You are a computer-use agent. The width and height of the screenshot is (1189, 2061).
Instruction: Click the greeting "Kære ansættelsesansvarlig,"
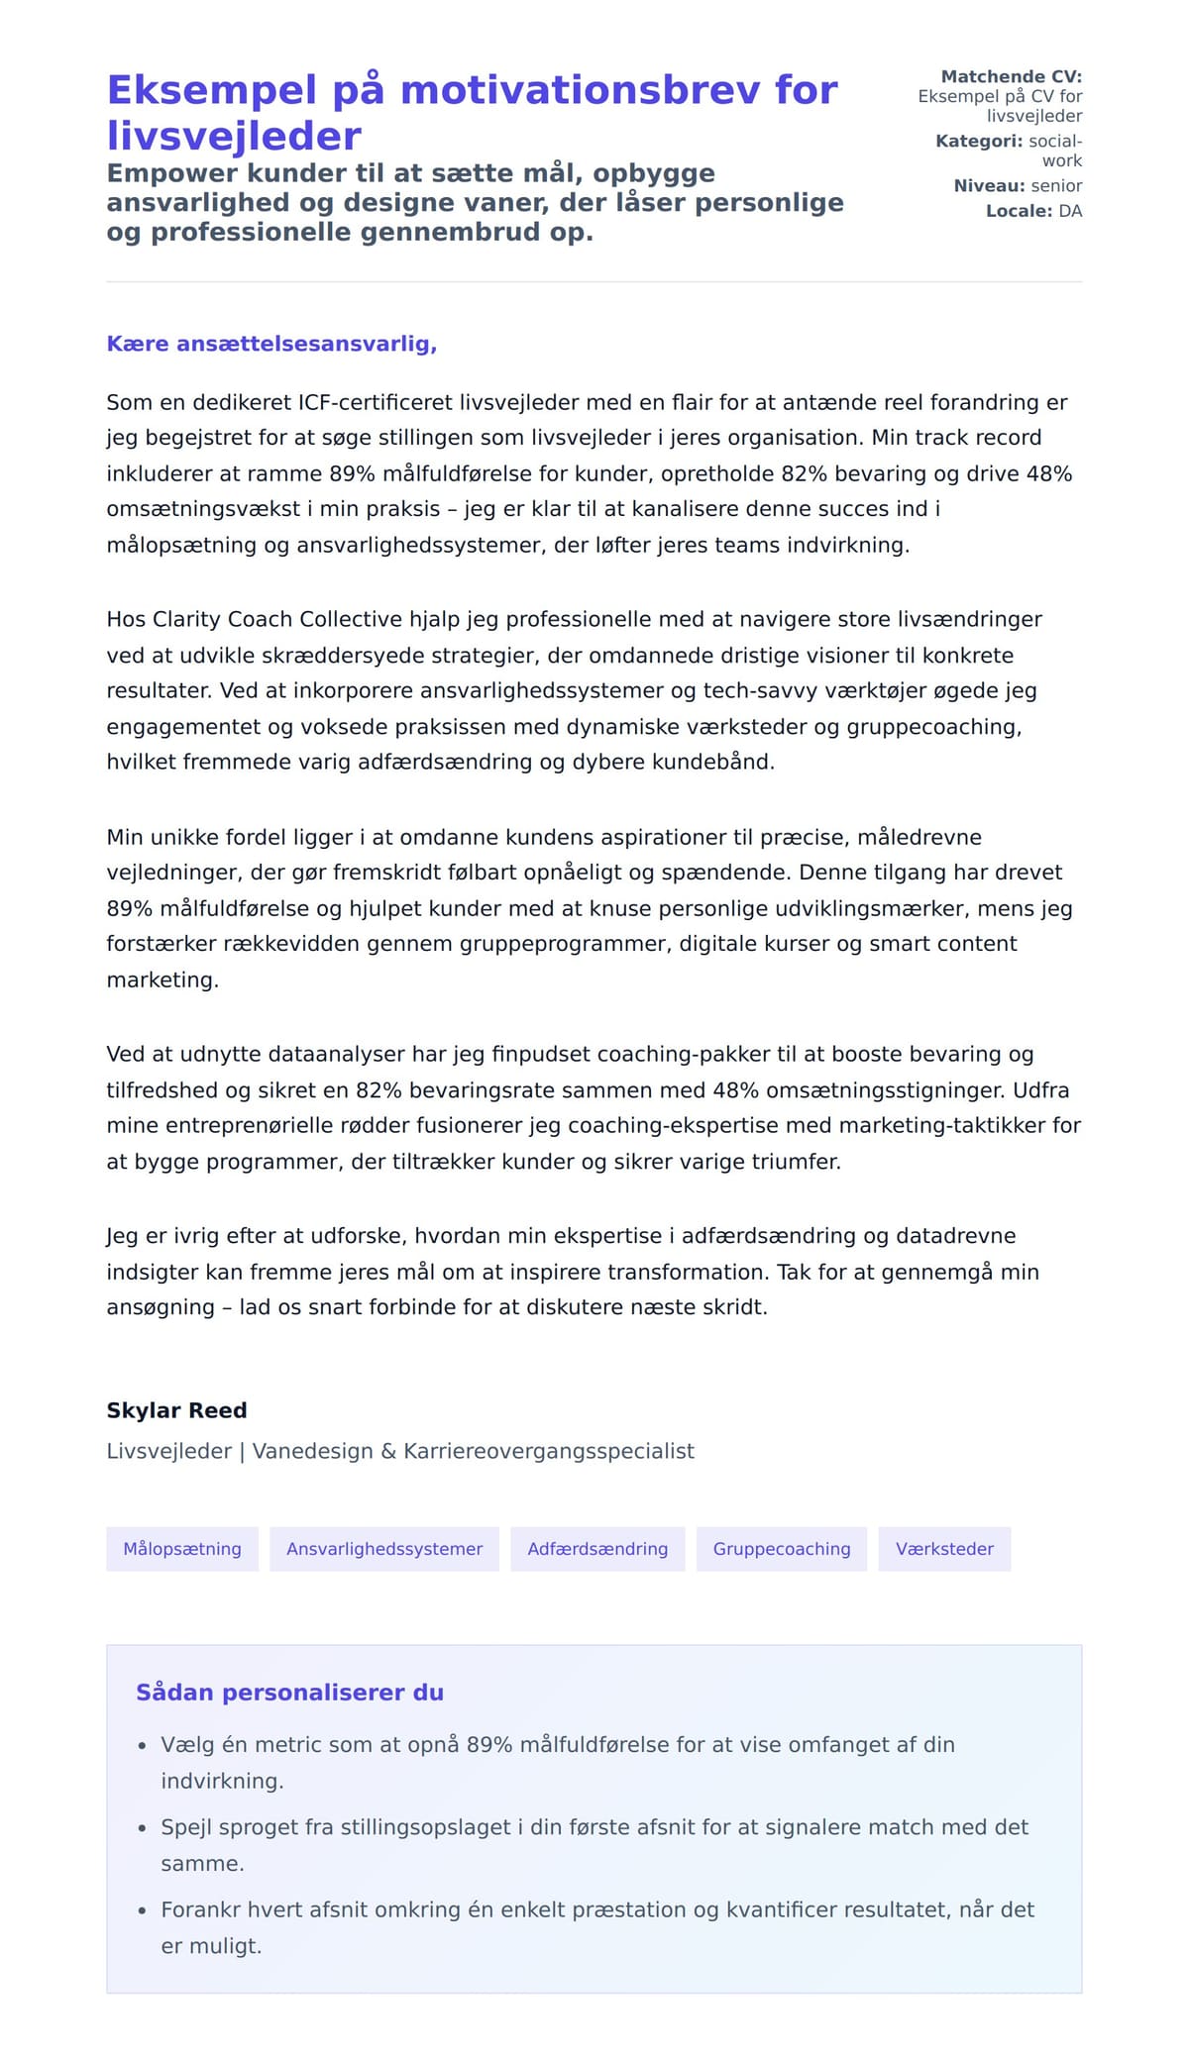[x=271, y=344]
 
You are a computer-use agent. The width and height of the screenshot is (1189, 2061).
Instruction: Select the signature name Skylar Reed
[x=176, y=1410]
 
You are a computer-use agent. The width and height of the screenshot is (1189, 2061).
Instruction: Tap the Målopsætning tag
[x=182, y=1549]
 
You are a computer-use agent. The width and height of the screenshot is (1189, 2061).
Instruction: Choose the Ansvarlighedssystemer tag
[x=384, y=1549]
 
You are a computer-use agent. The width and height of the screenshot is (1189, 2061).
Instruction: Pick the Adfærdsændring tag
[x=597, y=1549]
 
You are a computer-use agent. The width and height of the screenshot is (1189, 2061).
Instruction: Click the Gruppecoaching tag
[x=782, y=1549]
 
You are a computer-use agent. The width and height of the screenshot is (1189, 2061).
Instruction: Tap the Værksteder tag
[x=944, y=1549]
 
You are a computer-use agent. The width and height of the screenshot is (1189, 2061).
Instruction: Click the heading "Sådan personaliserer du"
[x=289, y=1693]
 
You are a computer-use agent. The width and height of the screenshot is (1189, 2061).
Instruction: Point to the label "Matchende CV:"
[x=1011, y=76]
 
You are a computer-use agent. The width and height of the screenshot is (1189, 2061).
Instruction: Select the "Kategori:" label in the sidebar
[x=979, y=141]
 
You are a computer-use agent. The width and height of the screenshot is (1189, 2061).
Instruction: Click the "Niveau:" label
[x=989, y=185]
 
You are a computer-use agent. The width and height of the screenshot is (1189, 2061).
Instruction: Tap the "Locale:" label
[x=1019, y=211]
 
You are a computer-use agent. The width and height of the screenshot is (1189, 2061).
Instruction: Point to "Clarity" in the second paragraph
[x=188, y=619]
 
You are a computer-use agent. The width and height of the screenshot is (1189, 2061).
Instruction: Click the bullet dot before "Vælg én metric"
[x=142, y=1746]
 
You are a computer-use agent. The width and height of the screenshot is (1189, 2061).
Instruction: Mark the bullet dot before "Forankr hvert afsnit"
[x=142, y=1910]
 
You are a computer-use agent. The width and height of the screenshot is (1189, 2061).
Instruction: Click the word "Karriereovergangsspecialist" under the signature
[x=549, y=1451]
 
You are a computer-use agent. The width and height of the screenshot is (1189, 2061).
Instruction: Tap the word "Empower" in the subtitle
[x=169, y=173]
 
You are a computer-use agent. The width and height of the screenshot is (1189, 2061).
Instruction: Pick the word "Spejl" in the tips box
[x=186, y=1827]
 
